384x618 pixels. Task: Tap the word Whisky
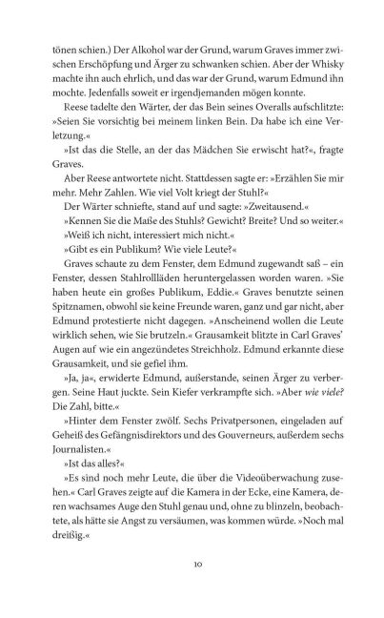pos(325,64)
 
